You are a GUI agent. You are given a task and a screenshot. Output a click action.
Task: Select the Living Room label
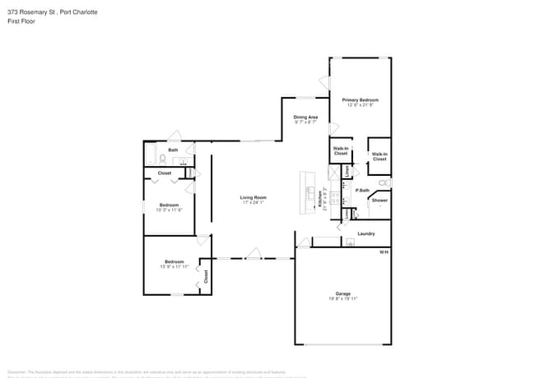(x=253, y=197)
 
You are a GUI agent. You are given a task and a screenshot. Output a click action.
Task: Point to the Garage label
(x=342, y=293)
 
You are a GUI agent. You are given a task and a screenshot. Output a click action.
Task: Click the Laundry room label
(x=366, y=233)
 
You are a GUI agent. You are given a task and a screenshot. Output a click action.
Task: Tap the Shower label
(x=379, y=201)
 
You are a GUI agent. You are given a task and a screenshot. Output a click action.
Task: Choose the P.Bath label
(x=362, y=190)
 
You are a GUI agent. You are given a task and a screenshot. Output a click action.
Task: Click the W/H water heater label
(x=383, y=251)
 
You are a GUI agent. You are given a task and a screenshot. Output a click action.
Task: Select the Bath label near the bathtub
(x=173, y=150)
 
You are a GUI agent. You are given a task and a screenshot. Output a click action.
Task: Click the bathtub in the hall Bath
(x=150, y=155)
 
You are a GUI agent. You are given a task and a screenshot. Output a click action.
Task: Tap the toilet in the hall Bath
(x=163, y=159)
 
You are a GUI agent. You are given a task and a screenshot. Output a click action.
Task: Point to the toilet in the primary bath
(x=384, y=183)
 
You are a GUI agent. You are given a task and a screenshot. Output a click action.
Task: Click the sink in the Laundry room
(x=350, y=242)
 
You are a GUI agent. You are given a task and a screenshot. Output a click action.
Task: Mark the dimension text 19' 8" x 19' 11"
(x=342, y=299)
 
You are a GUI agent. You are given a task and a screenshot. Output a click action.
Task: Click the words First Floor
(x=20, y=21)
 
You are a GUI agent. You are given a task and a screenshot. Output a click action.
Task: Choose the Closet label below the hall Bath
(x=165, y=173)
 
